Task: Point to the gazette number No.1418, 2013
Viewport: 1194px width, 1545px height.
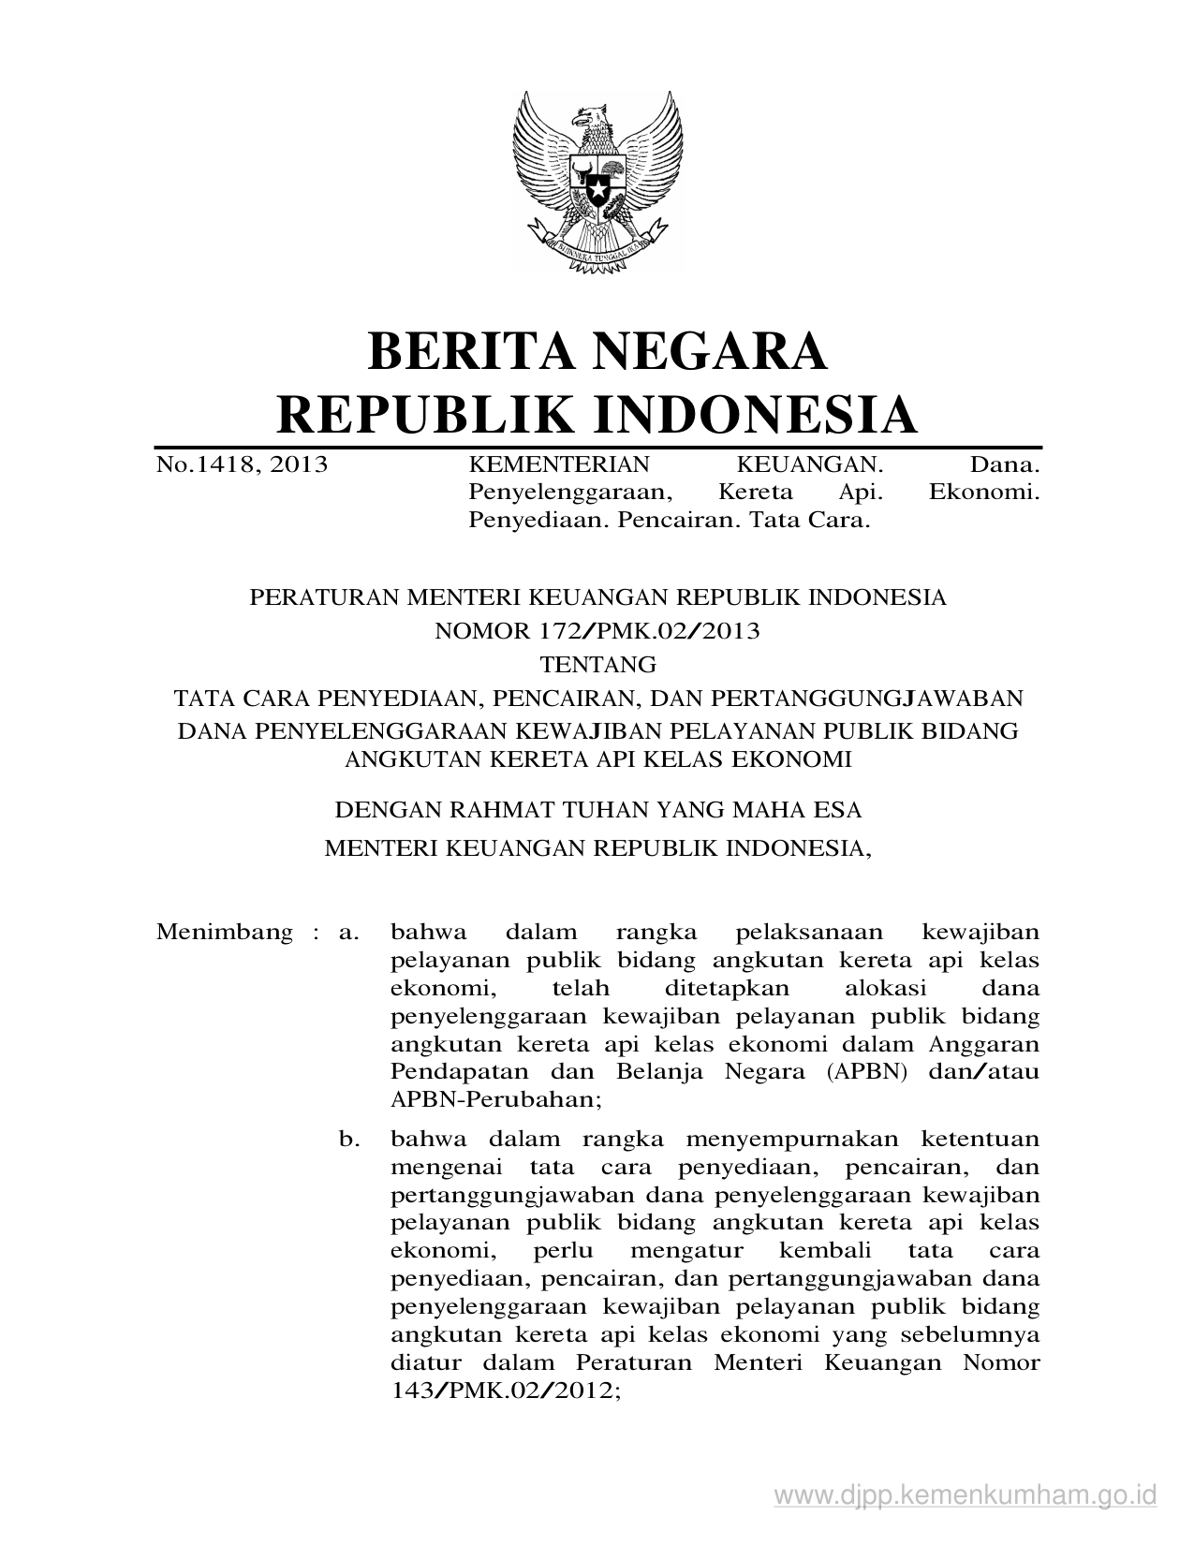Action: coord(242,463)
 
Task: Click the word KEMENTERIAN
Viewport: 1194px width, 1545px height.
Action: coord(558,463)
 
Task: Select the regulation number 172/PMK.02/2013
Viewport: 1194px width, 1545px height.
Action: coord(647,630)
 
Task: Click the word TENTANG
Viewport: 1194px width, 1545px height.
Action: coord(598,665)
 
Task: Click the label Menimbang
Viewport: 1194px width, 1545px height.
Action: coord(224,933)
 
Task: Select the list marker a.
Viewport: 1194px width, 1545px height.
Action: coord(349,933)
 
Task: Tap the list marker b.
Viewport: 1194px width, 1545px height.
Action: coord(349,1140)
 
